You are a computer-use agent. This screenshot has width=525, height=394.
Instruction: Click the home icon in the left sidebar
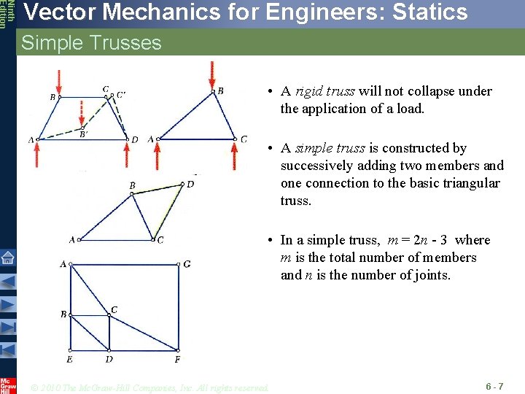(x=7, y=258)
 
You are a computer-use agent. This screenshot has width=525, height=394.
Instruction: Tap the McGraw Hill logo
(x=7, y=385)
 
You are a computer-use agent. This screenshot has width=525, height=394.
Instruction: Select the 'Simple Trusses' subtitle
(x=91, y=43)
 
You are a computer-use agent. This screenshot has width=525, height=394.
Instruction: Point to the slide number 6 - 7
(x=494, y=385)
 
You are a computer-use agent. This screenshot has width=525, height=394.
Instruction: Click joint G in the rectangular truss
(x=187, y=263)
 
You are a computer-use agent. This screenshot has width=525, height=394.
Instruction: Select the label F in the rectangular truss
(x=178, y=359)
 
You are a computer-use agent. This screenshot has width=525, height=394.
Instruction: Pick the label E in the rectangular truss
(x=69, y=359)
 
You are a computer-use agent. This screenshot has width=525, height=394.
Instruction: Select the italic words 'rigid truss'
(x=325, y=91)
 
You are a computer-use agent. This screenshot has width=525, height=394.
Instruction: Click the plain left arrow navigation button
(x=7, y=282)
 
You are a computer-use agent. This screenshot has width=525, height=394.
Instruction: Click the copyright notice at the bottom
(x=150, y=387)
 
